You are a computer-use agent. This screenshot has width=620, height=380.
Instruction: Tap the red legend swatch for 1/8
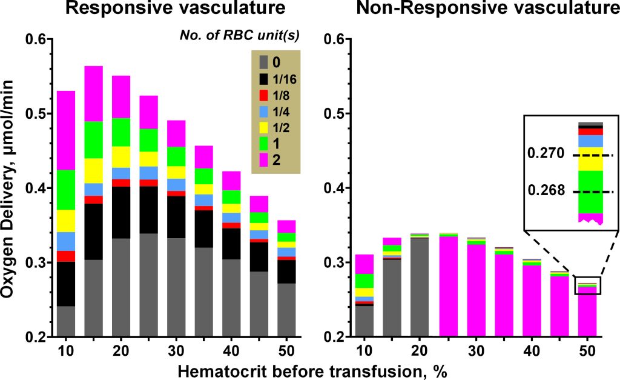(262, 95)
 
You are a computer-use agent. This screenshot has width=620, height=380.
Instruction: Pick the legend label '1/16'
(284, 79)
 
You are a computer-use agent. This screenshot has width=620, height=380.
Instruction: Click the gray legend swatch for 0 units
(262, 62)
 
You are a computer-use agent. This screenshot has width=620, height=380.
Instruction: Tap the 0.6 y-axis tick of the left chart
(36, 39)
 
